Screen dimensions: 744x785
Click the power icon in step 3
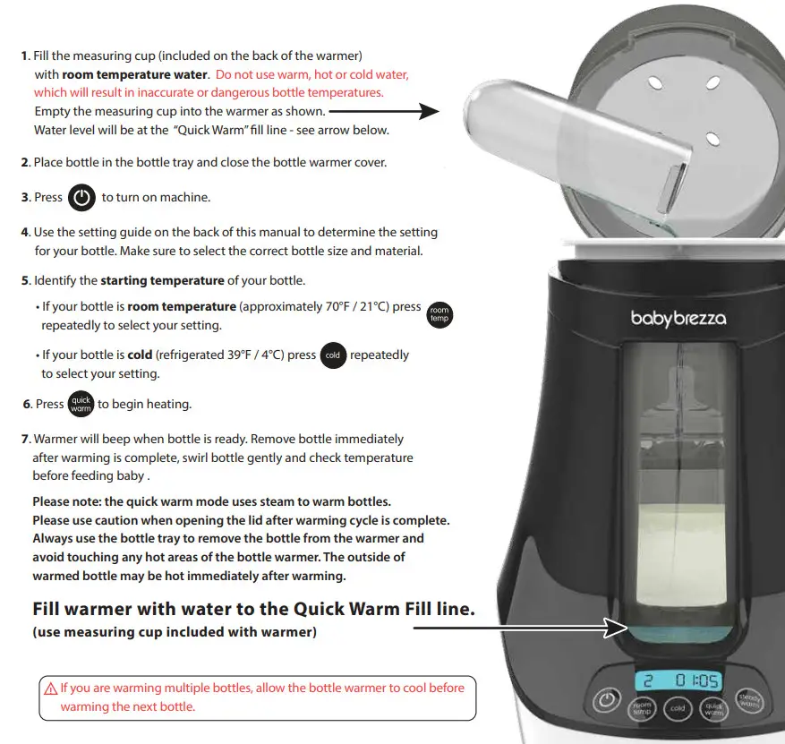81,198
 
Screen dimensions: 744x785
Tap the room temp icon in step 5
439,314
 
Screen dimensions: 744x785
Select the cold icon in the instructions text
333,355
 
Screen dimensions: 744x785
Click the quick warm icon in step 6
81,405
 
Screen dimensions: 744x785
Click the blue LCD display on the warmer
678,681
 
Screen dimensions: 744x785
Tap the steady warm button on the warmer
748,702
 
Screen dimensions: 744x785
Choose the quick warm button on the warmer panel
713,709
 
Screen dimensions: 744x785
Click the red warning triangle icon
51,689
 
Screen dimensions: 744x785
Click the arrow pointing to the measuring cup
385,112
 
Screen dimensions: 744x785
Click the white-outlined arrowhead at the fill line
616,629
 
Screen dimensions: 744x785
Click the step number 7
25,440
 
